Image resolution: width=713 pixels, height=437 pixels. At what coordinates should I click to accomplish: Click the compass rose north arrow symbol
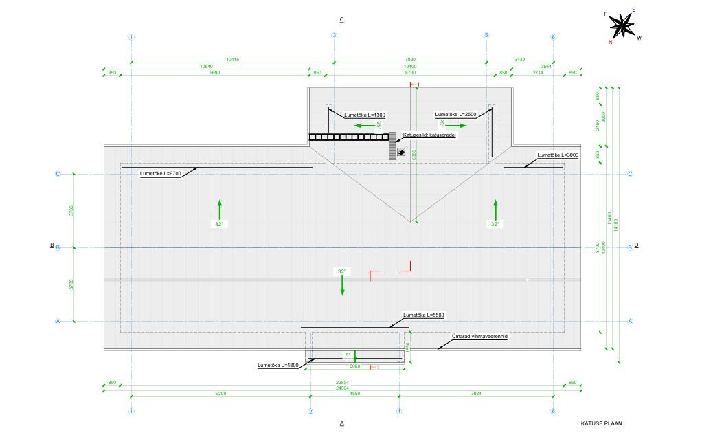tap(622, 26)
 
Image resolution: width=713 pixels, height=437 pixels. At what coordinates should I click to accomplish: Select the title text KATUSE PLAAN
tap(601, 424)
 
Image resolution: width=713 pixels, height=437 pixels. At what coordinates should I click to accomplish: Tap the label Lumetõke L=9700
tap(160, 174)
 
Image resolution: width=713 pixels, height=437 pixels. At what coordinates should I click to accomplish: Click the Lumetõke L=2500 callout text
tap(455, 115)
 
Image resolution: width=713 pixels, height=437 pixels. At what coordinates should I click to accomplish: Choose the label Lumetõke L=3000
tap(558, 155)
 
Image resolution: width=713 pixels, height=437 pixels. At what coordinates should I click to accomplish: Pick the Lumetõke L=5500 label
tap(424, 315)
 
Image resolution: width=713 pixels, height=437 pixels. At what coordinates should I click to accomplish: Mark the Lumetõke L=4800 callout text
tap(278, 365)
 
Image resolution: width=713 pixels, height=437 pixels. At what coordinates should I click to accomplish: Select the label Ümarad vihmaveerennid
tap(478, 337)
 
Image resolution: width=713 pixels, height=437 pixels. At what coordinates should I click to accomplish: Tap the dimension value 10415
tap(232, 60)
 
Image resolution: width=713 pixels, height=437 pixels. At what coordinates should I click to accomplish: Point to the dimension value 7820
tap(410, 60)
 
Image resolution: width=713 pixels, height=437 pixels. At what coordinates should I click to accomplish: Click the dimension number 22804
tap(342, 383)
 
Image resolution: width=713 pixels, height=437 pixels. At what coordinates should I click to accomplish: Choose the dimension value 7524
tap(476, 394)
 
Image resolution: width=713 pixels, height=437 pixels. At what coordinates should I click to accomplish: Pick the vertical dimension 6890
tap(414, 155)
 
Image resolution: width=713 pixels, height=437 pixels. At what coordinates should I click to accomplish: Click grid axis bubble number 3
tap(335, 36)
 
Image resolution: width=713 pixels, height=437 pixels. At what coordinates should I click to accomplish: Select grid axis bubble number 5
tap(486, 36)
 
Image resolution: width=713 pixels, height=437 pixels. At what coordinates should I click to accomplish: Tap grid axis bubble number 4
tap(399, 412)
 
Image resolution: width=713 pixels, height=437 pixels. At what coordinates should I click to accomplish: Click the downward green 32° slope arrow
tap(342, 283)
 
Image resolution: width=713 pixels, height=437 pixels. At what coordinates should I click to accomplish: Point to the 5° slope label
tap(348, 356)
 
